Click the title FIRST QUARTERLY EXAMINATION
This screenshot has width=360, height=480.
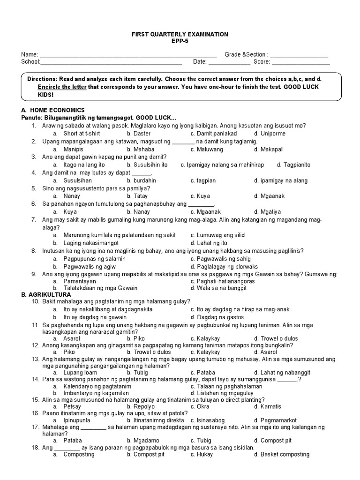pos(180,34)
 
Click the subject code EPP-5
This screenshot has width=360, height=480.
pos(180,41)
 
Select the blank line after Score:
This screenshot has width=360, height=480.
pos(300,62)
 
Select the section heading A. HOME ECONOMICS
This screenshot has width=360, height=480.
pos(53,110)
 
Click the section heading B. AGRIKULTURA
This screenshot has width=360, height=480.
pos(46,294)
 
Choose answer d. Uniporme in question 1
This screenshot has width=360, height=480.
pos(270,134)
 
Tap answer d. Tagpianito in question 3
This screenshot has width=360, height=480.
pos(293,165)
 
